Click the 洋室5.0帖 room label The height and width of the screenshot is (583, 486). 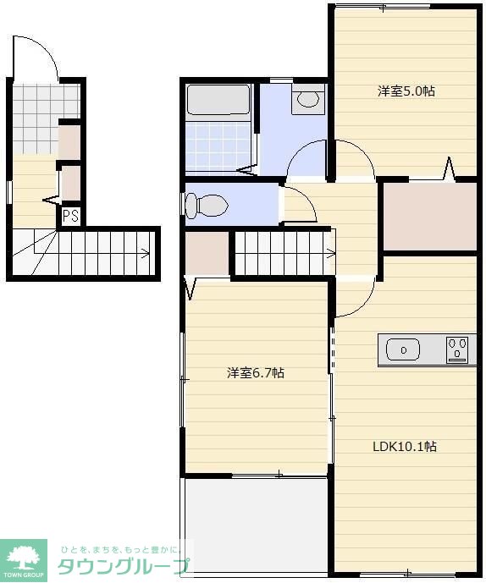[406, 91]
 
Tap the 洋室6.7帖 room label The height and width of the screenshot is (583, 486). [256, 372]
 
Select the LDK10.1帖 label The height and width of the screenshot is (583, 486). [405, 446]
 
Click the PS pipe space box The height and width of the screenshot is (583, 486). [71, 216]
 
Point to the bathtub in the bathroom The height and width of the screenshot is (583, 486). [218, 100]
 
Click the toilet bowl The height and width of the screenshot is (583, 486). [207, 206]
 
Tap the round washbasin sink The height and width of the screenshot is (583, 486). [308, 98]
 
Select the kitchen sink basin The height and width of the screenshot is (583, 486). [403, 349]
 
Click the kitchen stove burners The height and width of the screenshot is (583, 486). [457, 349]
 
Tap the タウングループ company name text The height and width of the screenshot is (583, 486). [124, 566]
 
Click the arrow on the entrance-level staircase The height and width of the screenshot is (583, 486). [145, 254]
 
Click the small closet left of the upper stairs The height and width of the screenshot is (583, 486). [207, 254]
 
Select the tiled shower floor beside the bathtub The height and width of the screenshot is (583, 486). [218, 147]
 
